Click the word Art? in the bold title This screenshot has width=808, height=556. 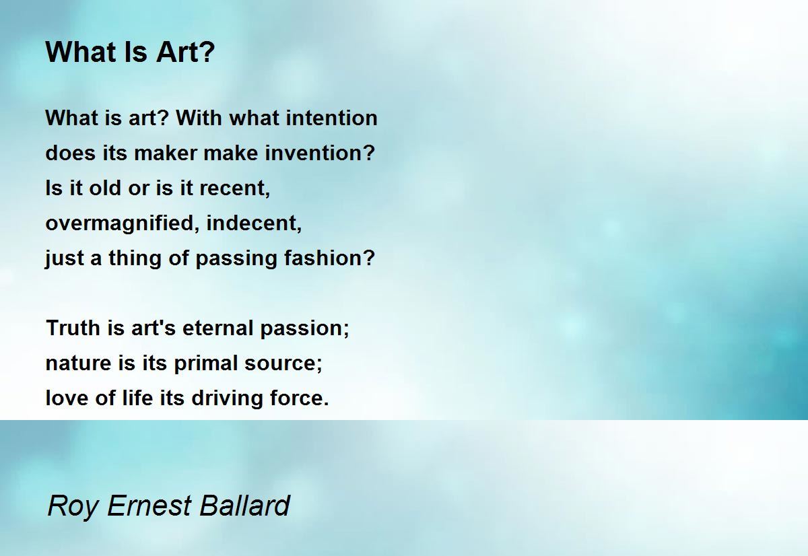[x=186, y=52]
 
